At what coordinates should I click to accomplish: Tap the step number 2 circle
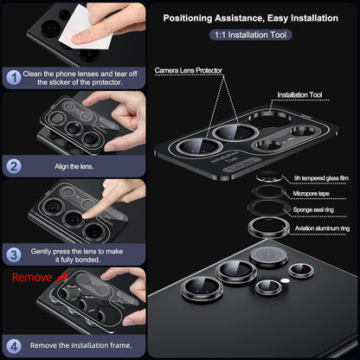pos(15,164)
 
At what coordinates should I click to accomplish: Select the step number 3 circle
pos(15,254)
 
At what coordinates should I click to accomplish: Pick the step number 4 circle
pos(15,344)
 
